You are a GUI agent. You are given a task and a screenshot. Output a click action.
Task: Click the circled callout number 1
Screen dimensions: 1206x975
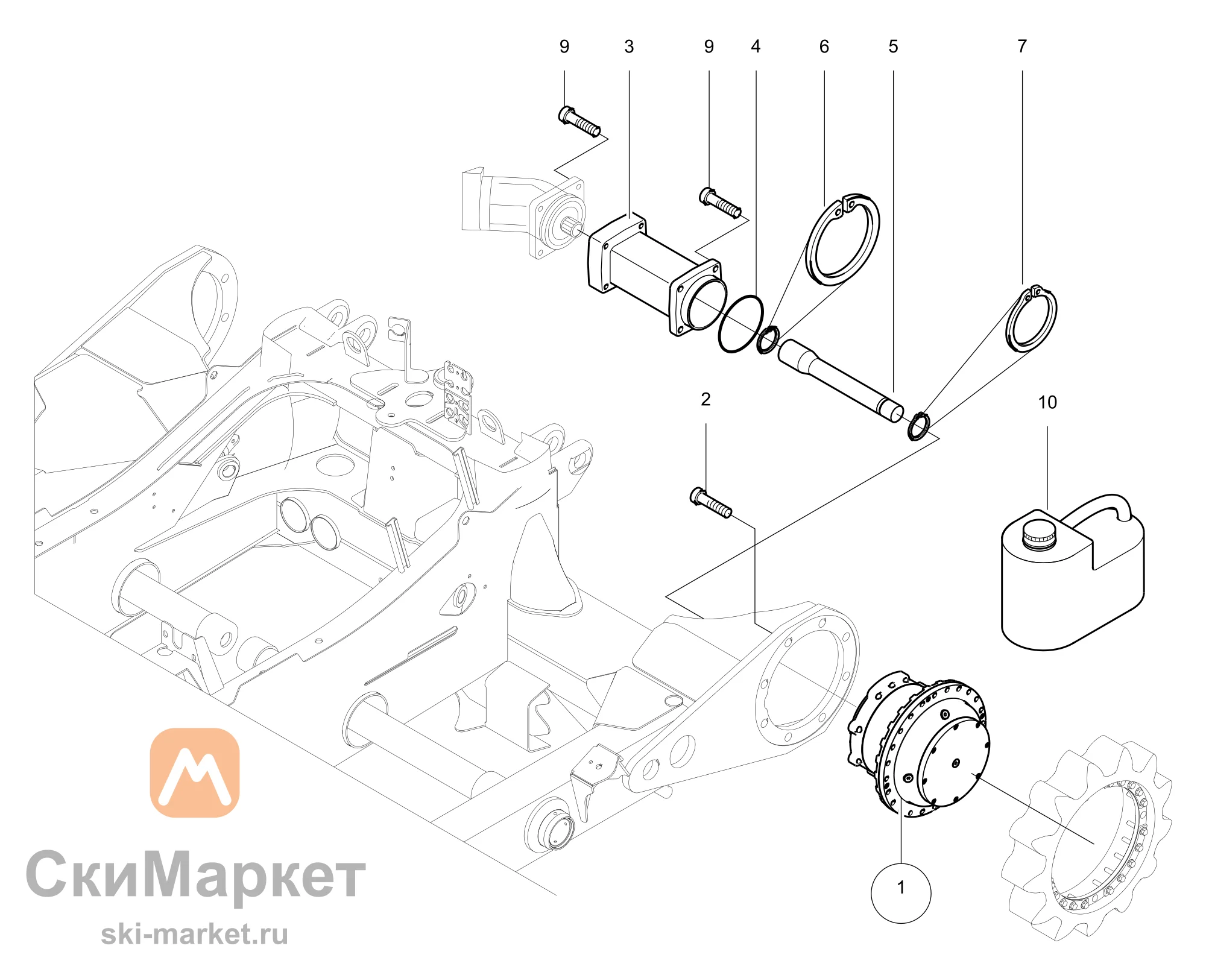[x=901, y=888]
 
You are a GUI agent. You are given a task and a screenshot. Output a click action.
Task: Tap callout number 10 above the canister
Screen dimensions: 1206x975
[x=1047, y=402]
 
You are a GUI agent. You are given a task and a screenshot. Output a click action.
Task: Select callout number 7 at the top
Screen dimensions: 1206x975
[x=1022, y=46]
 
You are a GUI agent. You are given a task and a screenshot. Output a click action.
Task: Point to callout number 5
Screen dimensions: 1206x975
[x=893, y=46]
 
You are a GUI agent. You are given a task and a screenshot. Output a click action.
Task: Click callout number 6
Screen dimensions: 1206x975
[x=824, y=46]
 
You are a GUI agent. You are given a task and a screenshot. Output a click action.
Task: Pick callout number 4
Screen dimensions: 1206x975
[x=756, y=46]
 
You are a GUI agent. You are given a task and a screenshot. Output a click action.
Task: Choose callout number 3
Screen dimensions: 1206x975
[x=629, y=46]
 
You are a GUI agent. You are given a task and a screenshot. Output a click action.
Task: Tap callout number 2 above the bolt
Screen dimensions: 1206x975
[x=706, y=399]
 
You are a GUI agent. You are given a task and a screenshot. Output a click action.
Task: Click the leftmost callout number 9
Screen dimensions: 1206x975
[x=564, y=46]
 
